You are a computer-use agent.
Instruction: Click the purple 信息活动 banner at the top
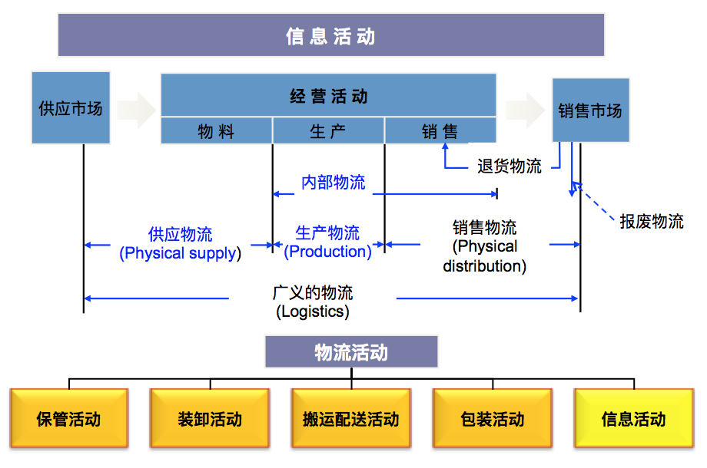point(330,35)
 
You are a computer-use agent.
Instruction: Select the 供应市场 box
point(71,108)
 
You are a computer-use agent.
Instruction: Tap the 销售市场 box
point(589,110)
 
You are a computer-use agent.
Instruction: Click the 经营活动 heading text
point(328,96)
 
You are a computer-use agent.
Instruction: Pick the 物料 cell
point(216,132)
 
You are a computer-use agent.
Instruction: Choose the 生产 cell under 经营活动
point(328,132)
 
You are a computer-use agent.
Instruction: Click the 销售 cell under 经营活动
point(440,132)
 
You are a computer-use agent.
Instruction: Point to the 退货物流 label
point(509,166)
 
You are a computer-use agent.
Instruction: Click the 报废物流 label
point(652,222)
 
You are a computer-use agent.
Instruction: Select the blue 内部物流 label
point(333,183)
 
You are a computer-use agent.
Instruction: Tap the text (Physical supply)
point(180,253)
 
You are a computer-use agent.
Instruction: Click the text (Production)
point(328,252)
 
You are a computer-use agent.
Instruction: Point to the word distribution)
point(484,266)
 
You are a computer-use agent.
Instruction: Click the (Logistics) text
point(312,311)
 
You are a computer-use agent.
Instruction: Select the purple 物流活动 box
point(351,352)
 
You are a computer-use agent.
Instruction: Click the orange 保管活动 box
point(68,419)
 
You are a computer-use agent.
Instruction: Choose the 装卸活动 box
point(210,419)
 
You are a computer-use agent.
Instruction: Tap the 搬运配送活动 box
point(351,419)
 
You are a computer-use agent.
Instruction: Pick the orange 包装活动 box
point(493,419)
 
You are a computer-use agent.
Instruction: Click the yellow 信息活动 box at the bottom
point(634,419)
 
